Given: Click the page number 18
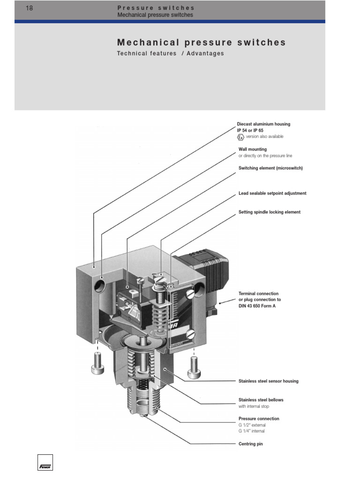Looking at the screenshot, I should click(29, 8).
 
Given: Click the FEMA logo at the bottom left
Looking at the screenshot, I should click(45, 462).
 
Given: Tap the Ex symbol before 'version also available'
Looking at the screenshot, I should click(240, 137).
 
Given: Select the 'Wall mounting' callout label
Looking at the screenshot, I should click(253, 149).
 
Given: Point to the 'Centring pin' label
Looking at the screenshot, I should click(251, 444).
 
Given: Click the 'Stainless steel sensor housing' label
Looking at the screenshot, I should click(268, 381).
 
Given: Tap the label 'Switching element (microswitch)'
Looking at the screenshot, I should click(270, 168).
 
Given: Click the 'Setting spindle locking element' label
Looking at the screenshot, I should click(270, 212).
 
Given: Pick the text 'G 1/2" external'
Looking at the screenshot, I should click(252, 425).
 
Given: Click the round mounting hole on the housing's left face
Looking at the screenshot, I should click(100, 284).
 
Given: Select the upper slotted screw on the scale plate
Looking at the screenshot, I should click(190, 295).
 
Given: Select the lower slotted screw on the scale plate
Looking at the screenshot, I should click(190, 334).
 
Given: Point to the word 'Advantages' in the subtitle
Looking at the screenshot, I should click(205, 53).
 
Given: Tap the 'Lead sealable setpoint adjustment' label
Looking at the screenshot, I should click(272, 193).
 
